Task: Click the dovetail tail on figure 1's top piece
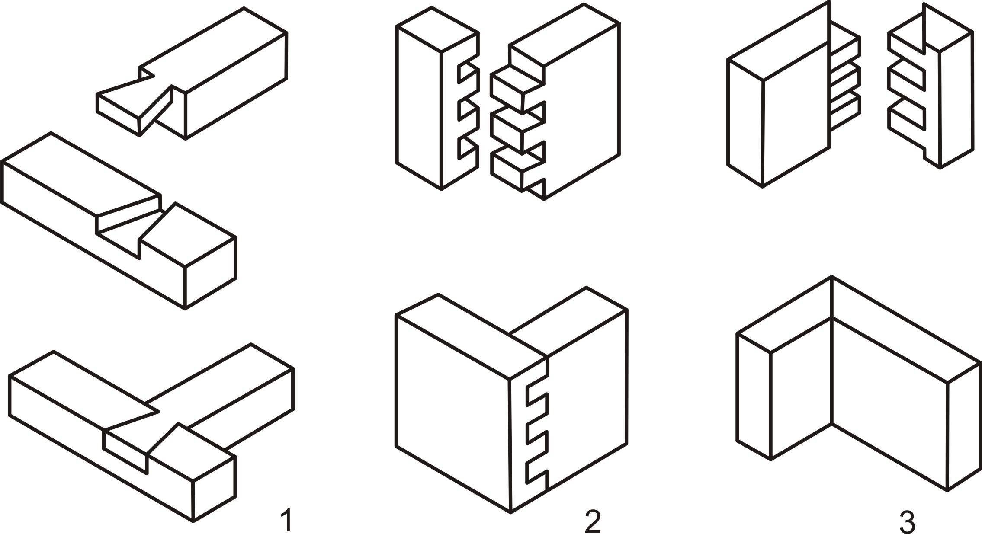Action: [x=134, y=106]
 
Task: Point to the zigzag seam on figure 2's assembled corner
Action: [x=536, y=432]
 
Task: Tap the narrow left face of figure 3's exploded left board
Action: [x=745, y=123]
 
